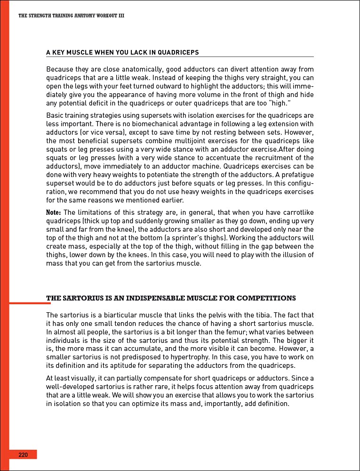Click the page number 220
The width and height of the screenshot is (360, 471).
point(23,455)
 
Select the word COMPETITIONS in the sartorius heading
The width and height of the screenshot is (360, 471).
point(266,298)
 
